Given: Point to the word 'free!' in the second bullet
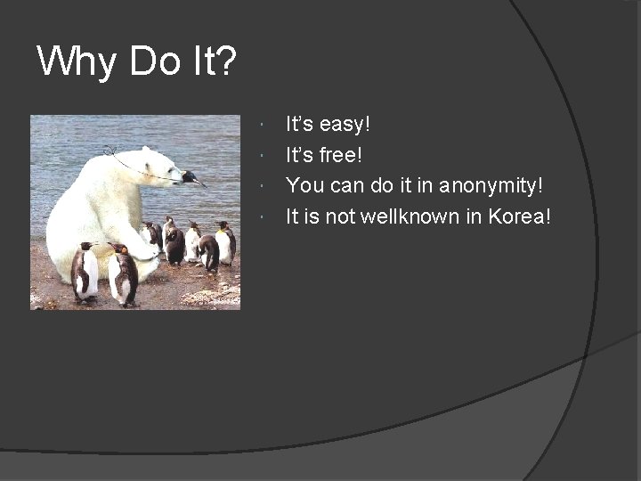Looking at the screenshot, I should pos(342,154).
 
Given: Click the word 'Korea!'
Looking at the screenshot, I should pos(520,216).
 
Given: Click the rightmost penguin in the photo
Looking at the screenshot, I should pos(225,241).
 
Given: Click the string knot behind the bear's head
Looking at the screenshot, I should pos(110,151).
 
